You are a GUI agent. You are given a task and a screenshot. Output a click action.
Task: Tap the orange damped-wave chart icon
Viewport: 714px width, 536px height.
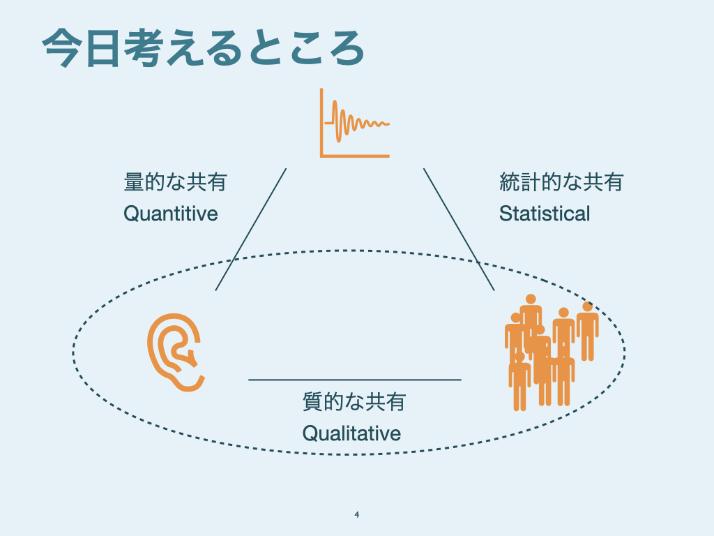tap(354, 123)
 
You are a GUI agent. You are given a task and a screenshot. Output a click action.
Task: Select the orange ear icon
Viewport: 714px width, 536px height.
tap(176, 352)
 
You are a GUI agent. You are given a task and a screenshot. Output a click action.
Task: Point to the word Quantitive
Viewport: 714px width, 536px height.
tap(171, 213)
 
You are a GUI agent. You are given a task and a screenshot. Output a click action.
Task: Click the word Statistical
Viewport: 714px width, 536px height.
tap(545, 213)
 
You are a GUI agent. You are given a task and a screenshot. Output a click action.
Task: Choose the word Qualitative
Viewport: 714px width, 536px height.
tap(351, 433)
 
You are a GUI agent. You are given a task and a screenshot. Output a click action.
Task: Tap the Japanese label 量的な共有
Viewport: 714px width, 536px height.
tap(175, 183)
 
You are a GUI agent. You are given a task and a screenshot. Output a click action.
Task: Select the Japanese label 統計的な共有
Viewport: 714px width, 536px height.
tap(561, 183)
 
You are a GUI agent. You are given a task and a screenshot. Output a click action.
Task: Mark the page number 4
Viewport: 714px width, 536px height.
tap(356, 515)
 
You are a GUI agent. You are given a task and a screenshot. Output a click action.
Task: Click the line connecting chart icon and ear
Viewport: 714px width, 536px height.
tap(250, 229)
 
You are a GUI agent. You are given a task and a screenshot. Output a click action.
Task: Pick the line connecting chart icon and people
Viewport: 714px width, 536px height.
tap(459, 229)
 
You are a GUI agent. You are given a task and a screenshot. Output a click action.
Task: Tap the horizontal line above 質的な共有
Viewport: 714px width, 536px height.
tap(354, 380)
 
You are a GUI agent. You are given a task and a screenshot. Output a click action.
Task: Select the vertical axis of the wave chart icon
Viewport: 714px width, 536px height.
tap(321, 122)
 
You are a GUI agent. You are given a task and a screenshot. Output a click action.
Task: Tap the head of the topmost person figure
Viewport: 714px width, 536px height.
tap(530, 299)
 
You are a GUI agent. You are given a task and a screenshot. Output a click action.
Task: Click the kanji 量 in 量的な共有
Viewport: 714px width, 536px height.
tap(133, 183)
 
